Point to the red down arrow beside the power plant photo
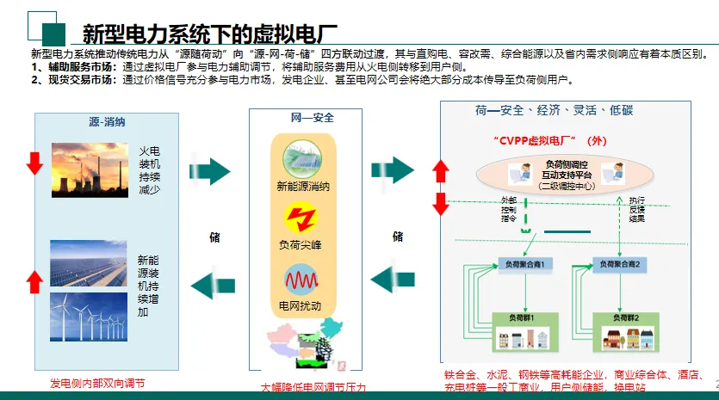click(34, 161)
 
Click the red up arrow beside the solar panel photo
click(34, 280)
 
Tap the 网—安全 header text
click(307, 117)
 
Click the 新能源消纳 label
click(302, 185)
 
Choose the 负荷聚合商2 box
click(623, 262)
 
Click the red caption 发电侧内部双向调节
click(102, 383)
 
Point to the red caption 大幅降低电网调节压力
click(313, 388)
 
